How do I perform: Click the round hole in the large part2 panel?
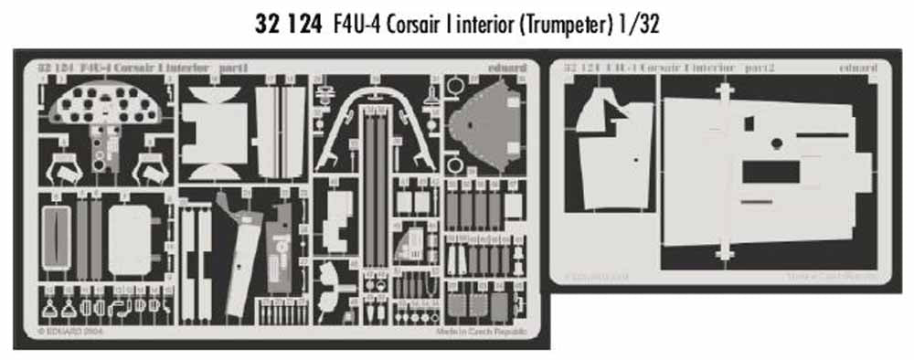tap(776, 141)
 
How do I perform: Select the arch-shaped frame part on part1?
tap(374, 128)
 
